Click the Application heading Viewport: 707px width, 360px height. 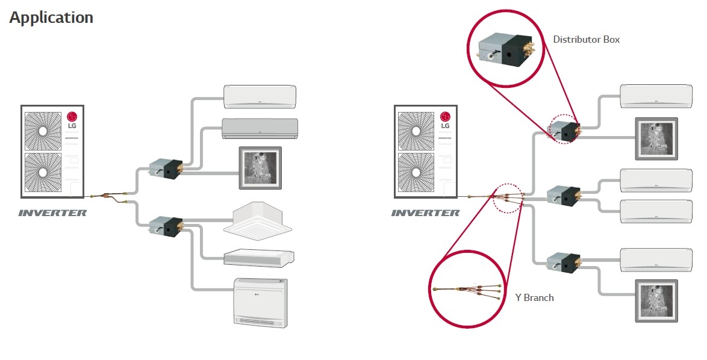point(51,17)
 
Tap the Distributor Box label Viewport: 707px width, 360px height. point(586,40)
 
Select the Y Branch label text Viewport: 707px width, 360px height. point(534,297)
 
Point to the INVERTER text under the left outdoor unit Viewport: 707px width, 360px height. point(52,213)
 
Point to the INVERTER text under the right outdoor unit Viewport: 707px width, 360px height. point(425,213)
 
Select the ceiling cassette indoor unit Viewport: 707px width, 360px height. point(257,219)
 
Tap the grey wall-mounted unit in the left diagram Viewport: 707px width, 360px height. point(260,127)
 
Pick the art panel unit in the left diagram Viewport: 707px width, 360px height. point(260,166)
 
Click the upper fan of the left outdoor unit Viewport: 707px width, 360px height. point(42,131)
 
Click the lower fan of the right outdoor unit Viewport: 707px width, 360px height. point(414,172)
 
